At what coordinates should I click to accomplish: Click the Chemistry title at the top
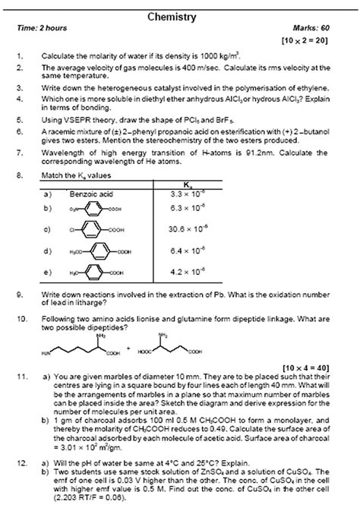coord(180,16)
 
